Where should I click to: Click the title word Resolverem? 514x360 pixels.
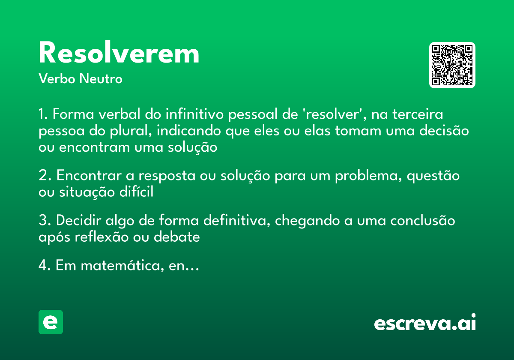click(x=119, y=54)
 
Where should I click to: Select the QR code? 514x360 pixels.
click(x=452, y=65)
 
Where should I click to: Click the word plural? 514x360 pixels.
click(x=128, y=131)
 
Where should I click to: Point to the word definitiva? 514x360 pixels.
click(x=235, y=221)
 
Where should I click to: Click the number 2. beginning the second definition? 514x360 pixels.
click(x=45, y=176)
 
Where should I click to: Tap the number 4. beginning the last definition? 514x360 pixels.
click(x=45, y=266)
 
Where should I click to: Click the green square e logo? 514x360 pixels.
click(x=51, y=322)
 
